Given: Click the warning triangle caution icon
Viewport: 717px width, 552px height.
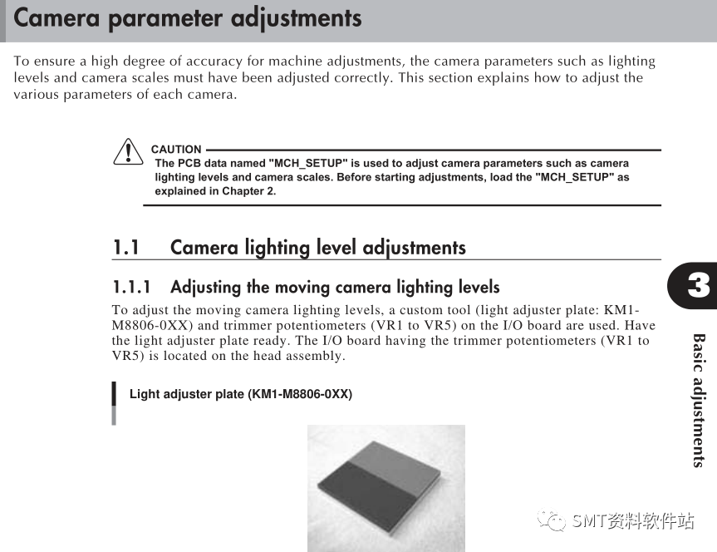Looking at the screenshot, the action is click(x=128, y=152).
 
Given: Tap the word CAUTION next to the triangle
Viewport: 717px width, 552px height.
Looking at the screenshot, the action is click(x=176, y=149).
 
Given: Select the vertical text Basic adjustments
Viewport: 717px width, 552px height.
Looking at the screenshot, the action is click(x=698, y=401).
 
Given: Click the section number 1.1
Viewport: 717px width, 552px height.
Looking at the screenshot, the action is click(x=125, y=248).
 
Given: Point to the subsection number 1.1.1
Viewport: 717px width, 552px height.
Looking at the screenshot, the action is click(x=131, y=288).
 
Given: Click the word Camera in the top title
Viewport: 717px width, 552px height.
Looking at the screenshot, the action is click(x=56, y=18).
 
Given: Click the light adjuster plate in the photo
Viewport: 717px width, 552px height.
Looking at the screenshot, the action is click(x=379, y=486).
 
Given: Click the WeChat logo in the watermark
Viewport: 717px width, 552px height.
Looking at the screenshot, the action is click(x=552, y=520).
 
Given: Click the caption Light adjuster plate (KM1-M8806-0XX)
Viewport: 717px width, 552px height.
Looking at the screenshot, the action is click(x=241, y=394).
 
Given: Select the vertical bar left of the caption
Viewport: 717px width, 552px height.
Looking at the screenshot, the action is click(x=114, y=403).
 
